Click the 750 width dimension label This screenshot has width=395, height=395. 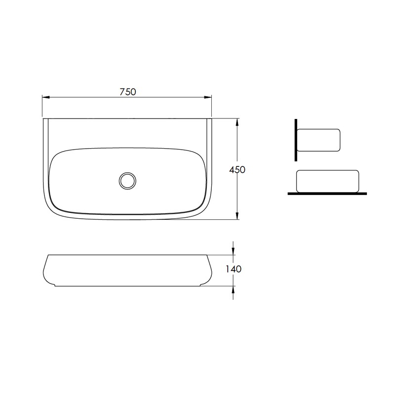coord(128,92)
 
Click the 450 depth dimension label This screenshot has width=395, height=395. coord(237,170)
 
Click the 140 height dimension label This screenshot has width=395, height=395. coord(233,269)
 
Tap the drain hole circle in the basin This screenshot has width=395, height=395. coord(127,181)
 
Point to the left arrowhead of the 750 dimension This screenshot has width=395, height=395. coord(45,97)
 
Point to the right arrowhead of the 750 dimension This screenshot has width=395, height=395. coord(208,97)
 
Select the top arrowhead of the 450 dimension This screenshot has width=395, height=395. coord(237,122)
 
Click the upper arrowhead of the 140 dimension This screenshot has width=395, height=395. coord(233,251)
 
